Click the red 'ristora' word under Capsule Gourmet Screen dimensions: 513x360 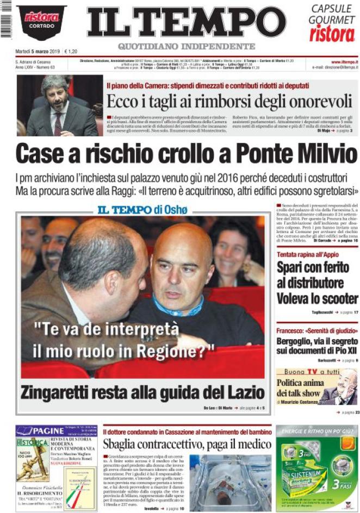(332, 34)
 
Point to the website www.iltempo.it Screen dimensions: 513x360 (344, 62)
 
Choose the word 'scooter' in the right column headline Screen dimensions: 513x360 (338, 298)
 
